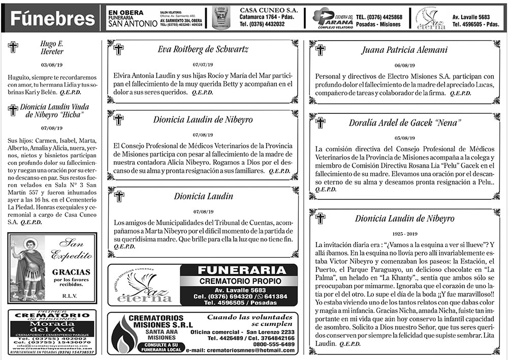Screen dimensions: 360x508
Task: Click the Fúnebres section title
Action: click(53, 19)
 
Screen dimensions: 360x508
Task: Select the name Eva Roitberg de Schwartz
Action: click(203, 49)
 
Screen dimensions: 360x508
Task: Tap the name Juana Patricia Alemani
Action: click(405, 50)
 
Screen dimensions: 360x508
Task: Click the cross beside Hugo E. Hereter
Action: click(13, 47)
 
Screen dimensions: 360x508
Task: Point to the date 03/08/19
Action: click(51, 65)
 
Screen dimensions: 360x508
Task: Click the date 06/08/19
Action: click(405, 65)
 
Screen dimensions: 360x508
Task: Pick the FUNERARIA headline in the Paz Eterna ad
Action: click(239, 270)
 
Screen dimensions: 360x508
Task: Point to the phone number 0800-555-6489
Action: click(274, 344)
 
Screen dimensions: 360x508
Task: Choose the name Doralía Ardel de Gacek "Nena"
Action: click(405, 123)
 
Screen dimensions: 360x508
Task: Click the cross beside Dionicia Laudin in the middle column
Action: click(118, 196)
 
